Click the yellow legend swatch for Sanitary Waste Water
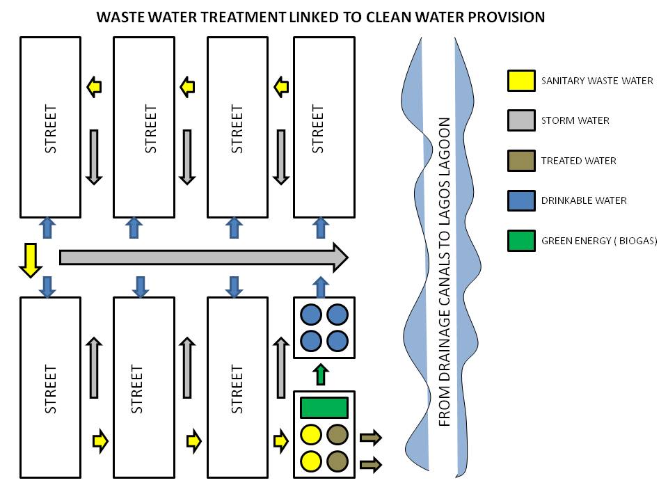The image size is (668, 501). point(520,81)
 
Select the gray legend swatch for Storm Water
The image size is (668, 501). point(520,120)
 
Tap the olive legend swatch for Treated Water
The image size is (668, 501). point(520,161)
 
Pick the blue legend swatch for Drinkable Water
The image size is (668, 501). point(520,200)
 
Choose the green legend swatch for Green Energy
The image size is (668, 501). point(520,241)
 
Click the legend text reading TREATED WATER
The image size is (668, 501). point(578,161)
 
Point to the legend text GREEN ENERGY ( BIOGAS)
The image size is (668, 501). point(598,241)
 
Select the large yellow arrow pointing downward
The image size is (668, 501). point(31,260)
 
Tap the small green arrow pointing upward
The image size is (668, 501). point(320,374)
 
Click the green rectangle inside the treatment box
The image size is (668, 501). point(324,407)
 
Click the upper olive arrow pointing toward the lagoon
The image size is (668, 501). point(370,438)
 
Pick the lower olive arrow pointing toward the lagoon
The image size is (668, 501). point(370,463)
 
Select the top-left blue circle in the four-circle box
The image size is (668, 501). point(310,315)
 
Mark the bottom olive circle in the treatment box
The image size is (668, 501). point(337,461)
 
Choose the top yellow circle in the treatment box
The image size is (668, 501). point(310,435)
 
